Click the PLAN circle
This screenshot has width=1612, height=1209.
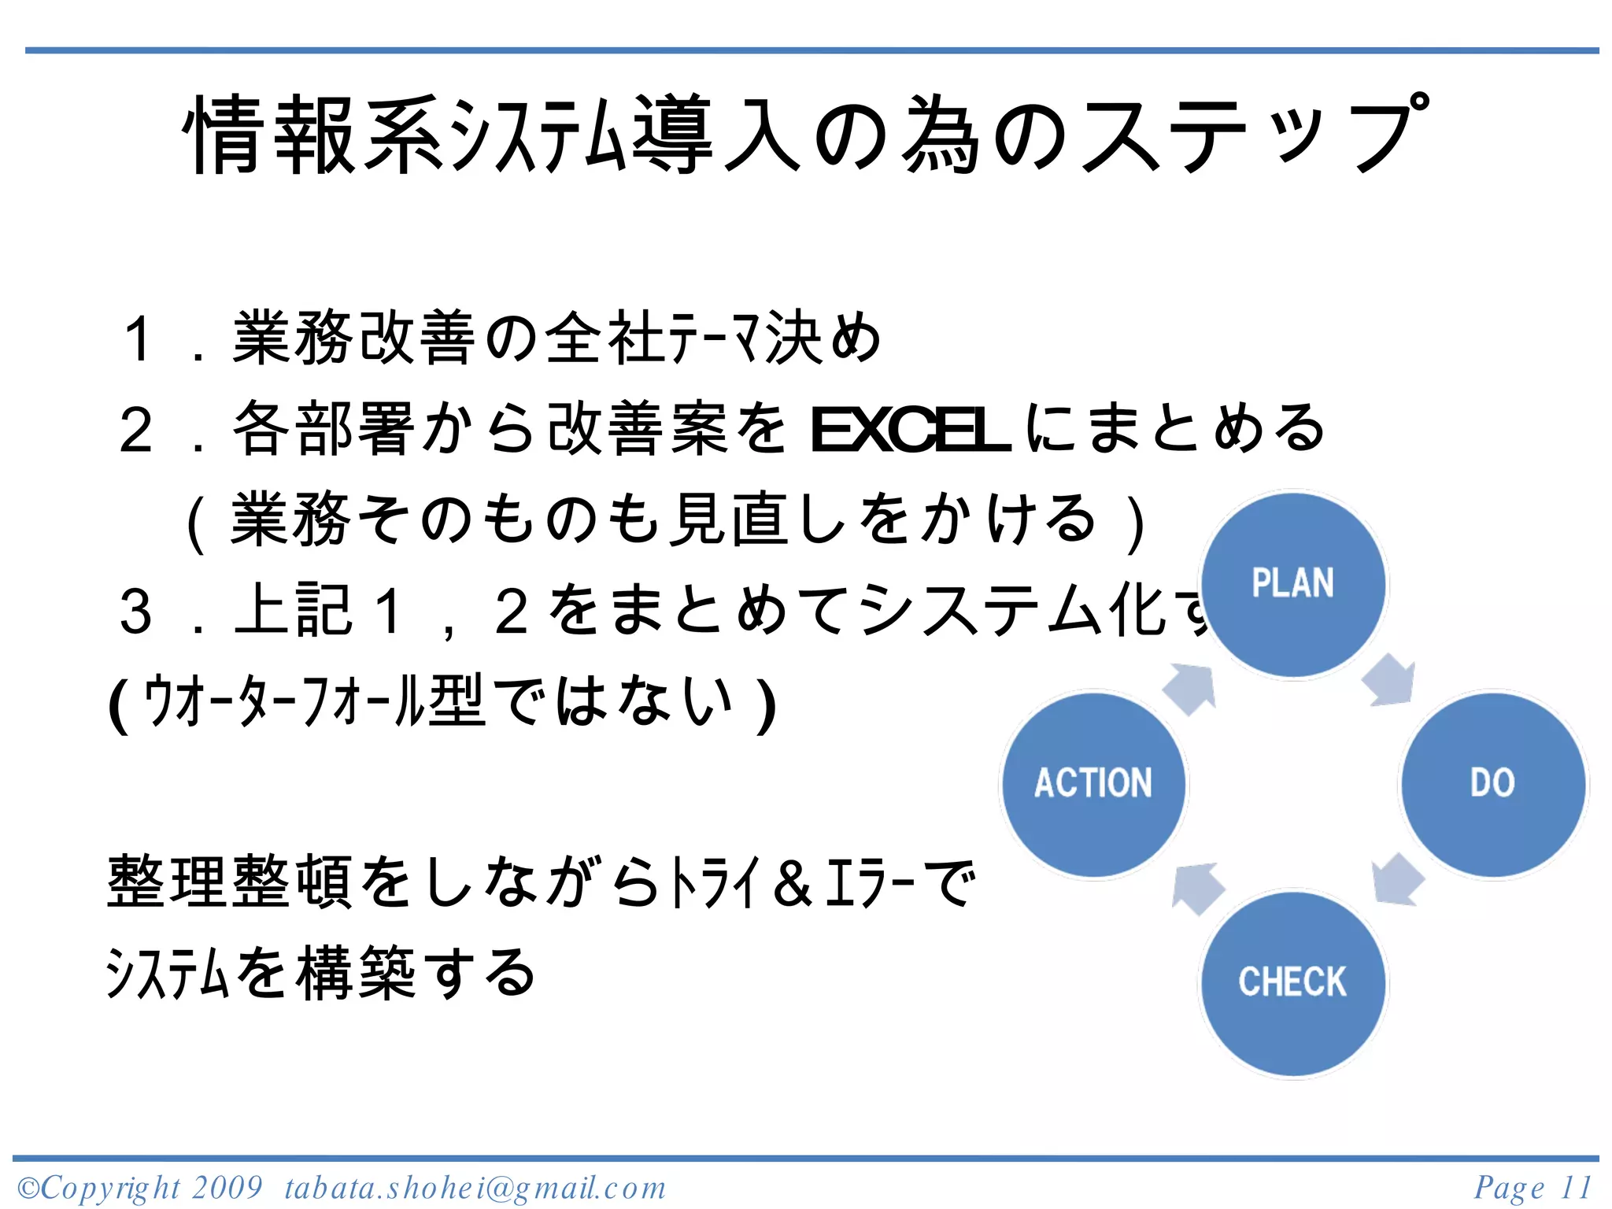(1292, 584)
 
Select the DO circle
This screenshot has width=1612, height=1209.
(1492, 784)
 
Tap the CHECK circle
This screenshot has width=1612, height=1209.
(1292, 983)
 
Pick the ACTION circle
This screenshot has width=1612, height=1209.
(1093, 784)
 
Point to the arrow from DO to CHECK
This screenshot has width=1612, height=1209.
(1396, 880)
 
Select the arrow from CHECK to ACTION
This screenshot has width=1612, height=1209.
(1196, 888)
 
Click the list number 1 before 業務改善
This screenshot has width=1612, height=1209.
(138, 339)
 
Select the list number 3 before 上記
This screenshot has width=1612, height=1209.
(135, 612)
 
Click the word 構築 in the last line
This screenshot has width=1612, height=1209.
(356, 974)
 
